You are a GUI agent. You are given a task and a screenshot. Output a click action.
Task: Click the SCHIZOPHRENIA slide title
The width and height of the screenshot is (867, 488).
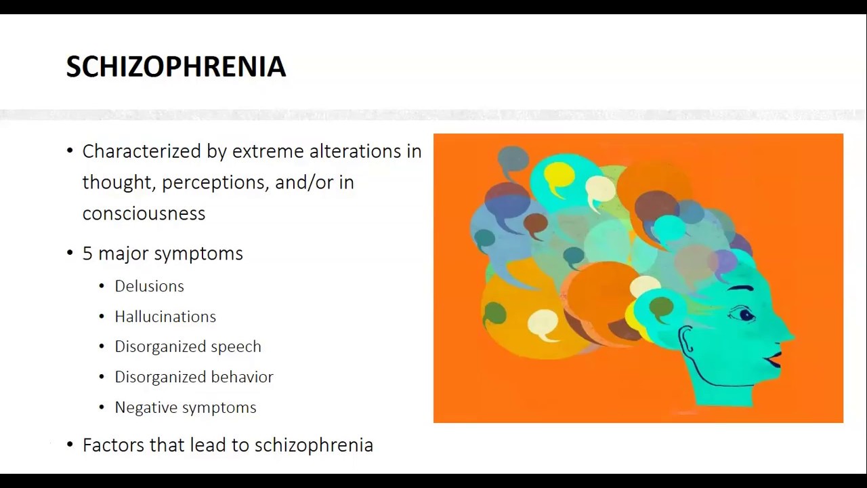coord(175,66)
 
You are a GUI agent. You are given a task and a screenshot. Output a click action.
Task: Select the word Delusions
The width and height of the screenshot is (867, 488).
coord(149,286)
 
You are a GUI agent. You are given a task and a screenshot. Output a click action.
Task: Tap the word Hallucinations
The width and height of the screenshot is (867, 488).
coord(165,317)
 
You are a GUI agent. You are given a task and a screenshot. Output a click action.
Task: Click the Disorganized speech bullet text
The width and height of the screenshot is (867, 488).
coord(188,346)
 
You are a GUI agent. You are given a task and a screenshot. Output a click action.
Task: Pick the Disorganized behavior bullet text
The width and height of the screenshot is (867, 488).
coord(194,377)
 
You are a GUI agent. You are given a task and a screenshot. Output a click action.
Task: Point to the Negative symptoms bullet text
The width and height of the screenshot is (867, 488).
coord(185,407)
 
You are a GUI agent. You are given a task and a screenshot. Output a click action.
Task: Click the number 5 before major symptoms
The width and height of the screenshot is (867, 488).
coord(87,253)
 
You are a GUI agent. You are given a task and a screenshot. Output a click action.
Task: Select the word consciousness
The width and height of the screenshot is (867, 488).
coord(144,213)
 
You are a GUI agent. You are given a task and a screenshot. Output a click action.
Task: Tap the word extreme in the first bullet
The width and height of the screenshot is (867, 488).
coord(268,151)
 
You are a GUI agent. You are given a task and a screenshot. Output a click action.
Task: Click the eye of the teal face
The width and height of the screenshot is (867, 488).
coord(745,314)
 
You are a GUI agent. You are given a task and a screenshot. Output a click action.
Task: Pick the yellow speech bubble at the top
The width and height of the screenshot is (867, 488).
coord(559,174)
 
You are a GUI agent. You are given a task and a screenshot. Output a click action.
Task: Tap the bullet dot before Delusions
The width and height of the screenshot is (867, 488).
coord(102,286)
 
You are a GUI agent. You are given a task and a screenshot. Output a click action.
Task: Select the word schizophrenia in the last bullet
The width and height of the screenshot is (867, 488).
coord(314,445)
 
